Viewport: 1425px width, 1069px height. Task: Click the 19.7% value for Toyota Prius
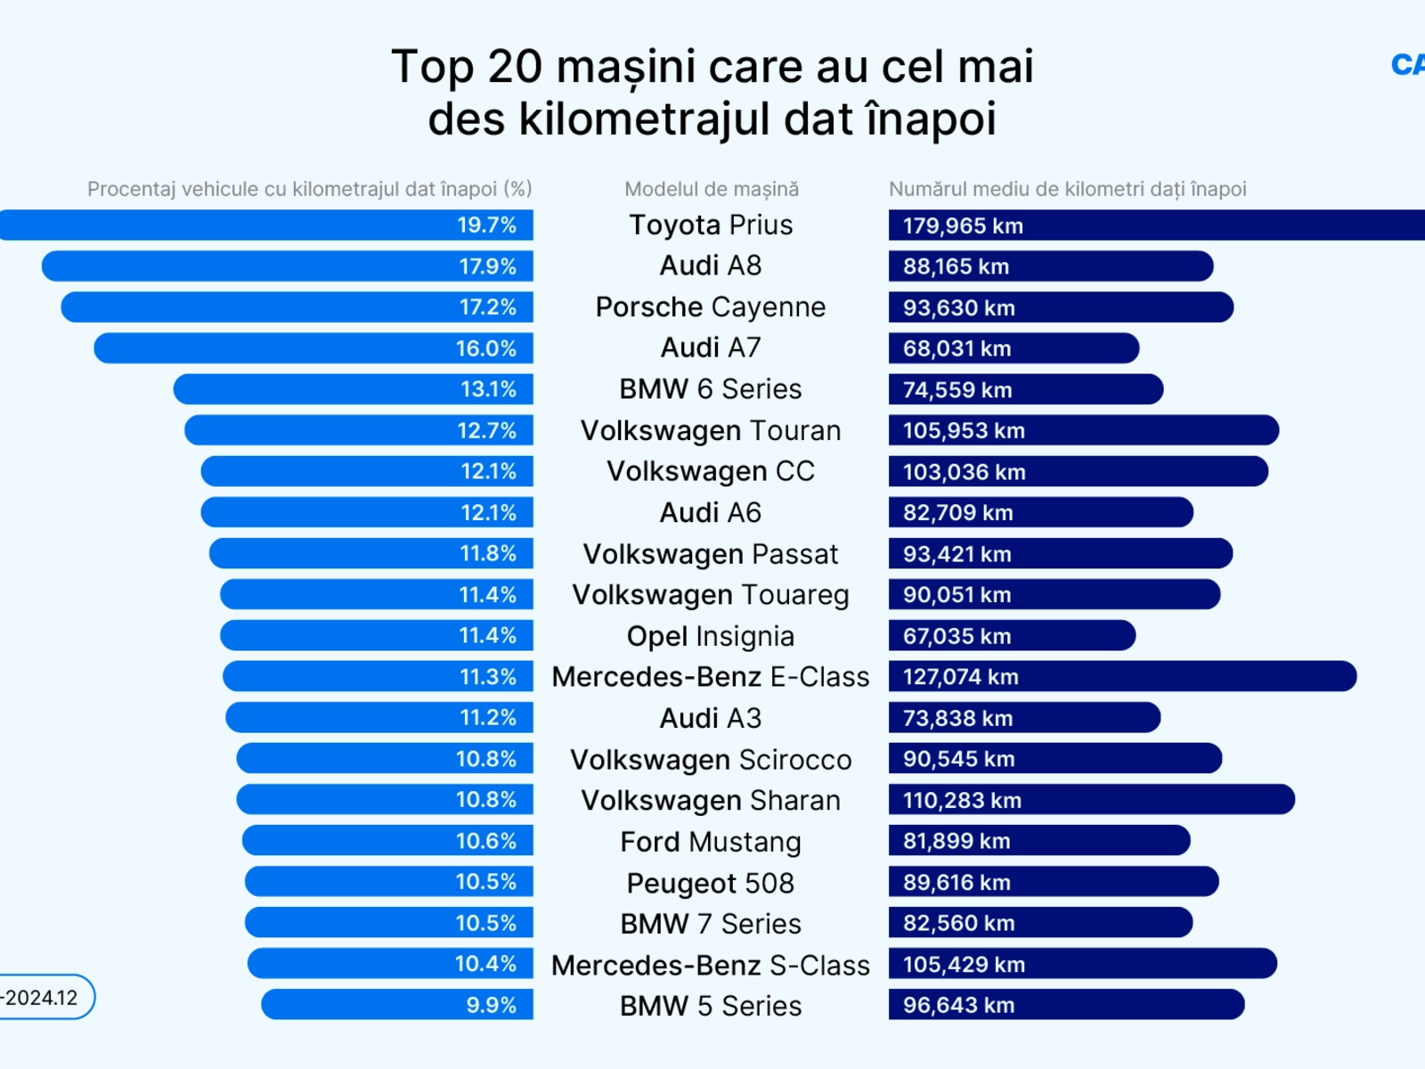486,225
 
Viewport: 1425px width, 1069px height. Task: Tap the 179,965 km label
963,226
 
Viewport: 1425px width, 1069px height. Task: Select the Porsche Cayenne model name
711,307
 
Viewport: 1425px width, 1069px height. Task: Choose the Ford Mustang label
711,842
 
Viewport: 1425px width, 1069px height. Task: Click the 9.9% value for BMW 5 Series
491,1006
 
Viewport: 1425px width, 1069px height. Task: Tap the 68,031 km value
957,349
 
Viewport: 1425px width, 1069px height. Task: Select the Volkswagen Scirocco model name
711,760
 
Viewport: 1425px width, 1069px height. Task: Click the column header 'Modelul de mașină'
712,189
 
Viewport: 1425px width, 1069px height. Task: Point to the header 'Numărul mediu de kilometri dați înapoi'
1067,189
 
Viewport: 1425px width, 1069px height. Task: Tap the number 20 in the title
515,67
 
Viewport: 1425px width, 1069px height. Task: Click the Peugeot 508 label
711,883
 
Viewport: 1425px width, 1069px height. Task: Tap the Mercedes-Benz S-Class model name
711,965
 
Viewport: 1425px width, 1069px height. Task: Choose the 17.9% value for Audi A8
487,266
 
